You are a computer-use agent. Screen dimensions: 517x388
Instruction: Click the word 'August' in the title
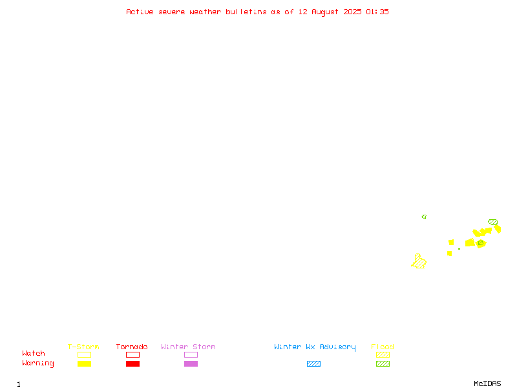tap(325, 12)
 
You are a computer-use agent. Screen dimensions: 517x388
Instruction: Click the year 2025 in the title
tap(352, 12)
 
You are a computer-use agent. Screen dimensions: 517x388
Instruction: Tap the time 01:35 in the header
tap(377, 12)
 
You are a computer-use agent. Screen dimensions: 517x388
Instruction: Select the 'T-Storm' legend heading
tap(83, 347)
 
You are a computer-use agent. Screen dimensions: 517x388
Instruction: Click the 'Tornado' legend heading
tap(132, 347)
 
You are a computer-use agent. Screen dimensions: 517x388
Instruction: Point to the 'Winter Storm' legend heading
tap(188, 347)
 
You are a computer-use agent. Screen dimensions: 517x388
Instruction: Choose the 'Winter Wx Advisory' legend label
tap(315, 347)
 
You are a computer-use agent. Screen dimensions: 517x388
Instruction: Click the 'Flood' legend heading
tap(383, 347)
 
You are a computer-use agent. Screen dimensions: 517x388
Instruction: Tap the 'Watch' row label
tap(34, 353)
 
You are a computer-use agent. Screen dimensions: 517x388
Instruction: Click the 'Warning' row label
tap(38, 363)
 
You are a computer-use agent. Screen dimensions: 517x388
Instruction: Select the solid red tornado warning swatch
tap(133, 363)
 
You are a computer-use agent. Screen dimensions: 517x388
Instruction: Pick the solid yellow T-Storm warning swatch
tap(85, 363)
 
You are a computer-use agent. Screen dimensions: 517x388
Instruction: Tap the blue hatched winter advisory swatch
tap(313, 363)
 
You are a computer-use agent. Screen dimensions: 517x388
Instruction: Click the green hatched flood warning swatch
tap(383, 363)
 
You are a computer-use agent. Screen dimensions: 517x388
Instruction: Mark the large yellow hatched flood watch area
tap(419, 262)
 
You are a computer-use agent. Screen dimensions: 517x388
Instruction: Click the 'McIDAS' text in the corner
tap(487, 383)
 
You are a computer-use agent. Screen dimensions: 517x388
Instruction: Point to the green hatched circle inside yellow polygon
tap(481, 243)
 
